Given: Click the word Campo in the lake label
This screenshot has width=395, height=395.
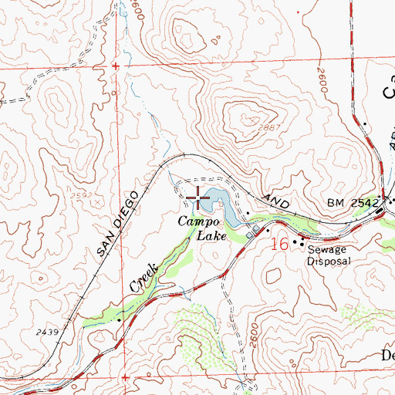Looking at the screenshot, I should (x=197, y=222).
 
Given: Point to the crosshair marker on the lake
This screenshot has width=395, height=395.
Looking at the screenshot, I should (x=199, y=198).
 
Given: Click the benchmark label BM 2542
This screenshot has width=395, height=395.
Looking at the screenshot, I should (x=353, y=203).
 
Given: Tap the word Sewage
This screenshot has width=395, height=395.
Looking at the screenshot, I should (x=324, y=250).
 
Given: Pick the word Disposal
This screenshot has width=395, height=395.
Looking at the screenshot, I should (x=329, y=261).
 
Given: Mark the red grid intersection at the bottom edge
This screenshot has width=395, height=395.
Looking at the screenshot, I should (x=125, y=377).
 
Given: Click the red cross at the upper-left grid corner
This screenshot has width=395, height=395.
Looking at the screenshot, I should (x=116, y=67).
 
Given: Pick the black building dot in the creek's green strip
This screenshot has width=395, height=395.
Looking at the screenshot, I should (x=120, y=318).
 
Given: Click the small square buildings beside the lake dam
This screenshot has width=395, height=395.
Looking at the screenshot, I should (x=252, y=229).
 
